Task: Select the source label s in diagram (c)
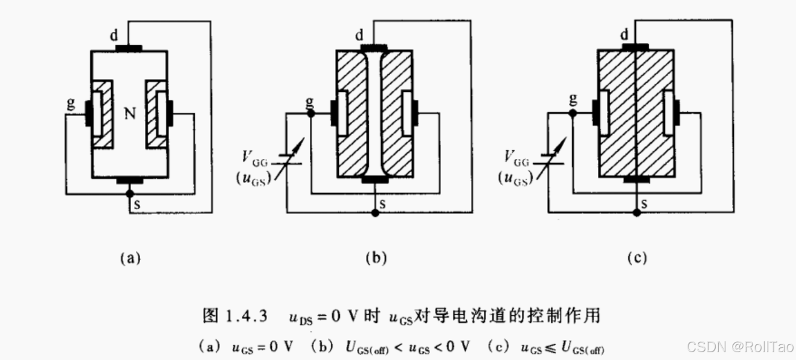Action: [644, 204]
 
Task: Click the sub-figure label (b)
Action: [376, 259]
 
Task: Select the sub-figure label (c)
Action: [637, 259]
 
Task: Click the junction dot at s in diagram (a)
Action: [129, 194]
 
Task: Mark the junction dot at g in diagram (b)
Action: [310, 114]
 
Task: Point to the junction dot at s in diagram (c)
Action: [637, 213]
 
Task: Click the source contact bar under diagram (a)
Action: [129, 179]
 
